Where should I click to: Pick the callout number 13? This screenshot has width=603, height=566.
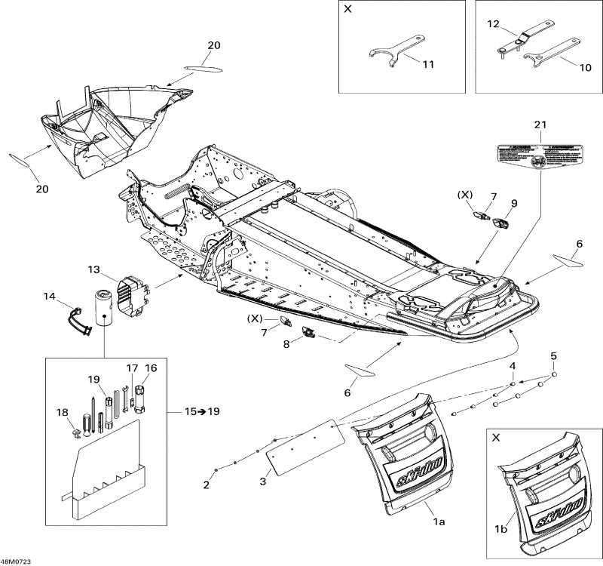tap(93, 269)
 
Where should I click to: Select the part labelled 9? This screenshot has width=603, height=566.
tap(500, 224)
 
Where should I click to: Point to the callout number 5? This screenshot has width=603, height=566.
tap(553, 355)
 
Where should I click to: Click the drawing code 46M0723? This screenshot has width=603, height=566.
tap(16, 561)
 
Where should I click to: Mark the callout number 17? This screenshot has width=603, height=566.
tap(132, 368)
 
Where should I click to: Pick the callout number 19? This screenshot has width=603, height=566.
tap(93, 379)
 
